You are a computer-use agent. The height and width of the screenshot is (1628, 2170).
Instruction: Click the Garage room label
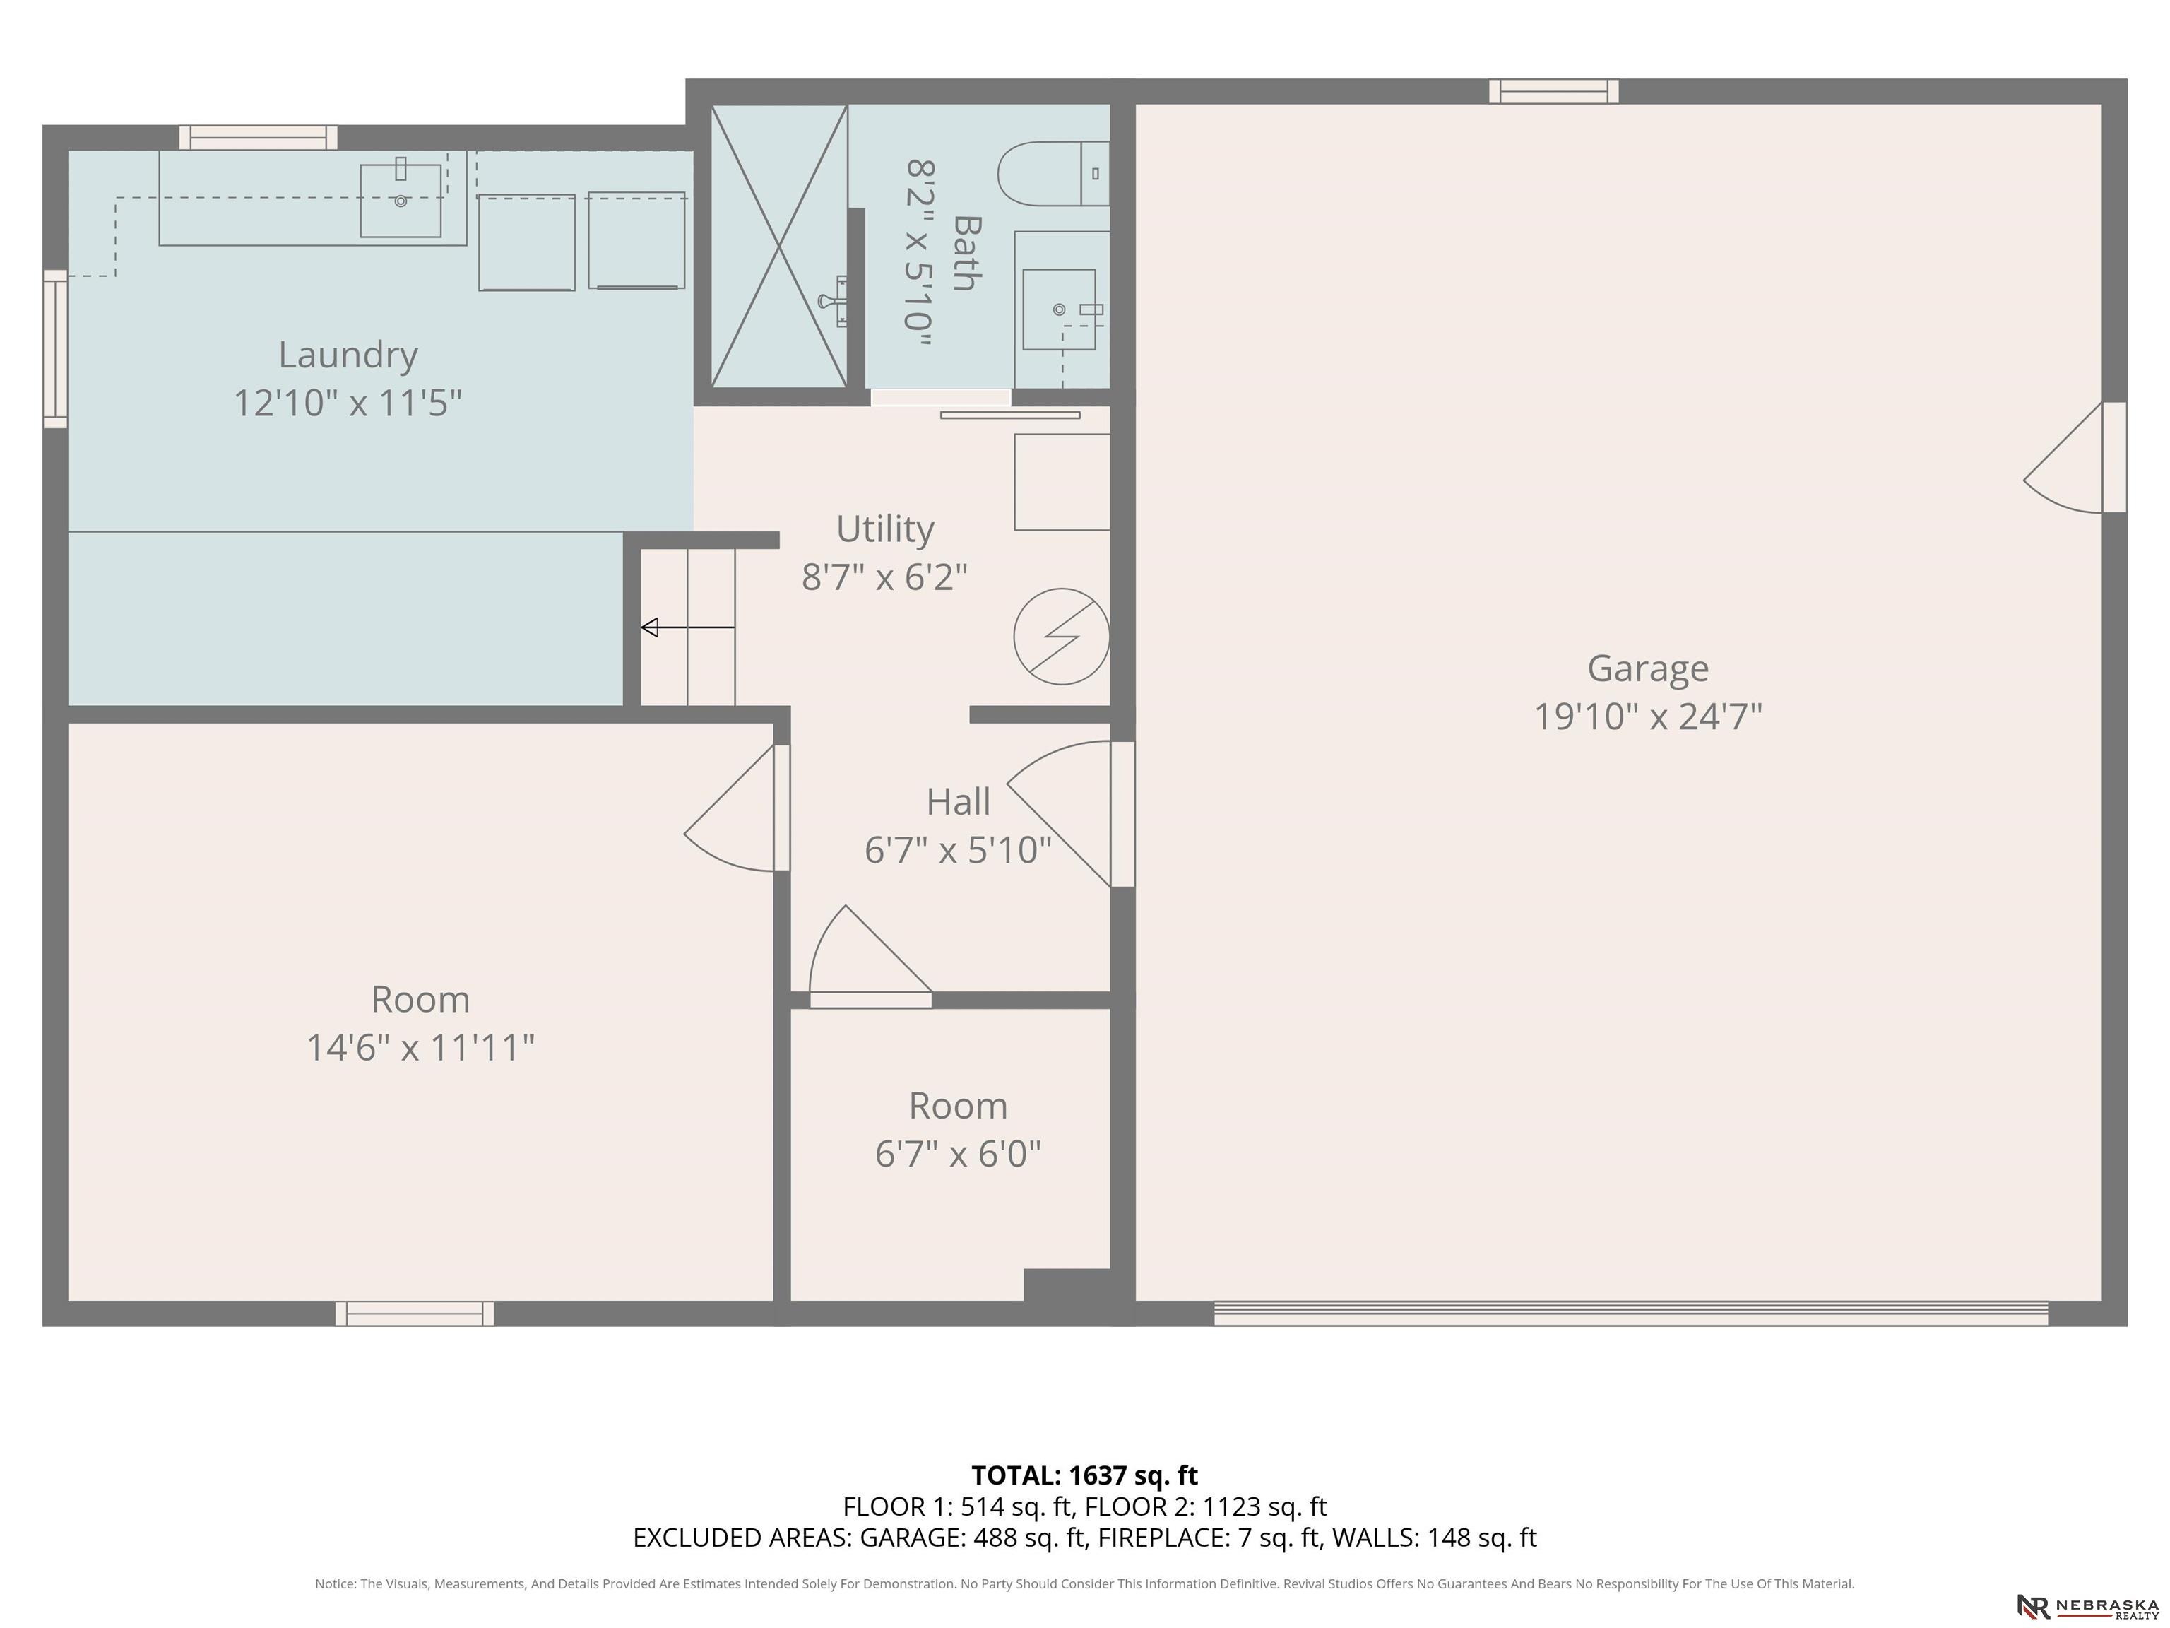point(1647,669)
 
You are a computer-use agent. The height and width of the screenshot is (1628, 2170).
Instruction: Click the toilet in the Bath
point(1053,174)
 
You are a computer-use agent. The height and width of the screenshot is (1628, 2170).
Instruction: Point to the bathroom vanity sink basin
point(1059,309)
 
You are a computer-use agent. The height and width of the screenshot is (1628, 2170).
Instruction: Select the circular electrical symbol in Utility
point(1062,637)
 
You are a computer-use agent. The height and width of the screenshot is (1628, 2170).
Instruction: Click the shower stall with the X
point(779,247)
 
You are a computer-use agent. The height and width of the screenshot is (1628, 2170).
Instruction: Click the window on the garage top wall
point(1554,91)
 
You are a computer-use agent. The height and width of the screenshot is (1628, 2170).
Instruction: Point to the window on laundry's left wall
point(55,349)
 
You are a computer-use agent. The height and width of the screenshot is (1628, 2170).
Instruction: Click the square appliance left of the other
point(527,242)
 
